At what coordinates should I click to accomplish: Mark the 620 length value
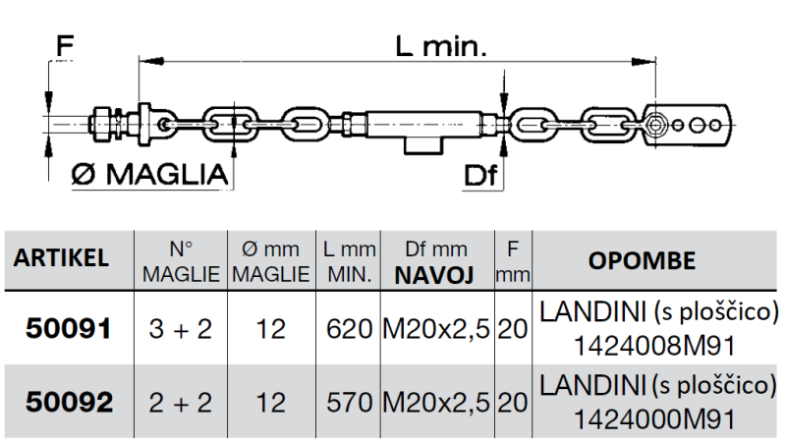click(x=346, y=328)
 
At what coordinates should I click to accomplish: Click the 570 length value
click(x=346, y=401)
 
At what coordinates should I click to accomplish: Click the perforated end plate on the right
click(x=692, y=123)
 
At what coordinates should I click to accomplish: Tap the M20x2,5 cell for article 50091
click(x=434, y=328)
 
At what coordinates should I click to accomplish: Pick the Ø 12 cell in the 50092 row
click(x=269, y=401)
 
